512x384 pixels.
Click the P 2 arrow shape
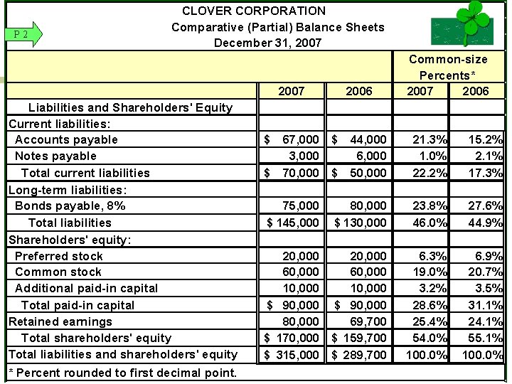point(23,33)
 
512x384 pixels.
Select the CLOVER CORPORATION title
point(254,11)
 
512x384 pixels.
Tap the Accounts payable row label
point(66,139)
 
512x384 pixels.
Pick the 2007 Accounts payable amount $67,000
point(292,139)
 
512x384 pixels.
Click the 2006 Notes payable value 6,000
point(371,156)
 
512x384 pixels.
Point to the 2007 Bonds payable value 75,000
point(300,206)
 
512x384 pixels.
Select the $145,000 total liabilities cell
point(292,223)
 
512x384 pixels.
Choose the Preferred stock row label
point(59,256)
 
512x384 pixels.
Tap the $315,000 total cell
point(292,355)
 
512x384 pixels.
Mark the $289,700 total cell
point(360,355)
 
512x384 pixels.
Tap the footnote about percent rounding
point(122,373)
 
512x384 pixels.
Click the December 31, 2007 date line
point(267,43)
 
